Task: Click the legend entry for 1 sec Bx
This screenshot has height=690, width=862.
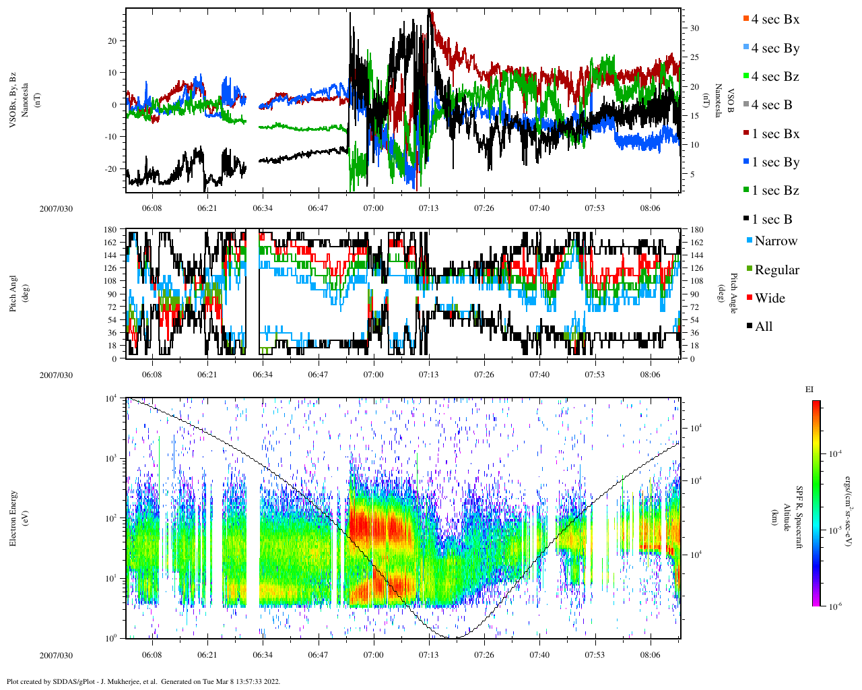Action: click(x=775, y=134)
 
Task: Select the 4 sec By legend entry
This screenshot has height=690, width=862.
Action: click(x=775, y=49)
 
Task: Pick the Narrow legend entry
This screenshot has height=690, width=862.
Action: click(x=775, y=241)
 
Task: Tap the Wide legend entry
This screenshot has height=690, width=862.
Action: click(x=769, y=299)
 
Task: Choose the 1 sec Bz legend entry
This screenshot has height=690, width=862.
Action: click(x=775, y=191)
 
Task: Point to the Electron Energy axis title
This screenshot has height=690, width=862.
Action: click(x=13, y=517)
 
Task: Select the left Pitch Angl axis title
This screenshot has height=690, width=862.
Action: click(x=13, y=293)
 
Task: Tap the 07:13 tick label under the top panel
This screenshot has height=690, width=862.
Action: click(x=428, y=208)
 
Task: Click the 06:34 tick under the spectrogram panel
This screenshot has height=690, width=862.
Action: click(x=263, y=655)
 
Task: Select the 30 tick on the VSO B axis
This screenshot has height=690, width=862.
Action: click(x=694, y=28)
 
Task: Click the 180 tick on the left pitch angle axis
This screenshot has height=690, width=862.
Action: click(x=110, y=230)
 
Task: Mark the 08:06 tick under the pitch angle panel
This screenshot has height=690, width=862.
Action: click(x=650, y=375)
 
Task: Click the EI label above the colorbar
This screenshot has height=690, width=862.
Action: click(x=809, y=389)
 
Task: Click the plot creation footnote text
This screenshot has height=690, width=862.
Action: click(x=143, y=681)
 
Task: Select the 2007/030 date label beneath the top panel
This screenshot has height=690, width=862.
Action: click(x=56, y=209)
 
